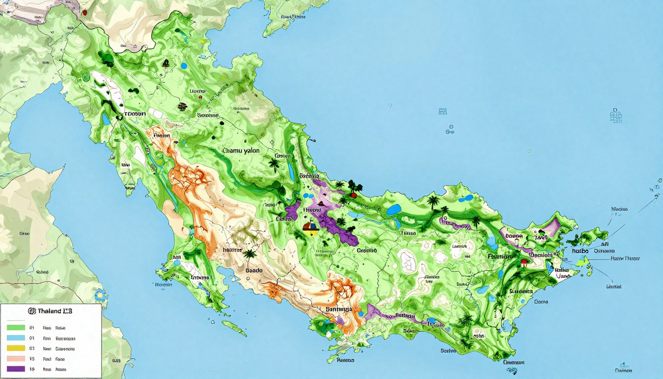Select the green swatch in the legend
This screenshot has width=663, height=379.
pyautogui.click(x=16, y=327)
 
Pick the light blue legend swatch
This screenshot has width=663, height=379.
pyautogui.click(x=16, y=338)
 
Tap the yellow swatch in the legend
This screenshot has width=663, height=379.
pyautogui.click(x=16, y=348)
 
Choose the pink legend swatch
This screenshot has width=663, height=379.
pyautogui.click(x=16, y=359)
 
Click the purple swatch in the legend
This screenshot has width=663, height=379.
pyautogui.click(x=16, y=369)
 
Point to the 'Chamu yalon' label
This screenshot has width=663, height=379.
pyautogui.click(x=241, y=150)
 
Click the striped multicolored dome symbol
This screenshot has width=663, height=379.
pyautogui.click(x=309, y=227)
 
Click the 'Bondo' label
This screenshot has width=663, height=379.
pyautogui.click(x=254, y=270)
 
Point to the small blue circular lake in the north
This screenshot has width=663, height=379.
pyautogui.click(x=184, y=65)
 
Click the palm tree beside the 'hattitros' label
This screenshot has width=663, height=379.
pyautogui.click(x=250, y=255)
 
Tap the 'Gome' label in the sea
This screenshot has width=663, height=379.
pyautogui.click(x=541, y=301)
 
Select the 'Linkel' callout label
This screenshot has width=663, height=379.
pyautogui.click(x=614, y=286)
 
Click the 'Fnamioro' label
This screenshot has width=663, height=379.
pyautogui.click(x=501, y=257)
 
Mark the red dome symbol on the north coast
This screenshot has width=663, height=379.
pyautogui.click(x=353, y=194)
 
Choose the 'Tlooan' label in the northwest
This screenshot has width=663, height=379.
pyautogui.click(x=134, y=114)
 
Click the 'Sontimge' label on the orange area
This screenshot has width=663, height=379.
pyautogui.click(x=339, y=309)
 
